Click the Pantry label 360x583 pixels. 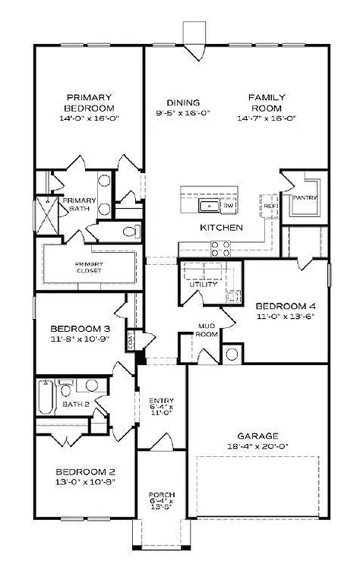click(x=305, y=199)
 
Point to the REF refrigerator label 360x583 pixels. click(x=270, y=205)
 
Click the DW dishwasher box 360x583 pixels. click(x=229, y=206)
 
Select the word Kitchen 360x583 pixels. click(x=221, y=228)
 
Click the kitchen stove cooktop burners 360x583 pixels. click(x=220, y=248)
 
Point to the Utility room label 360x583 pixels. click(x=203, y=285)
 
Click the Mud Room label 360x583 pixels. click(x=207, y=332)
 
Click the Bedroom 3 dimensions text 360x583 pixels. click(x=81, y=338)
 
